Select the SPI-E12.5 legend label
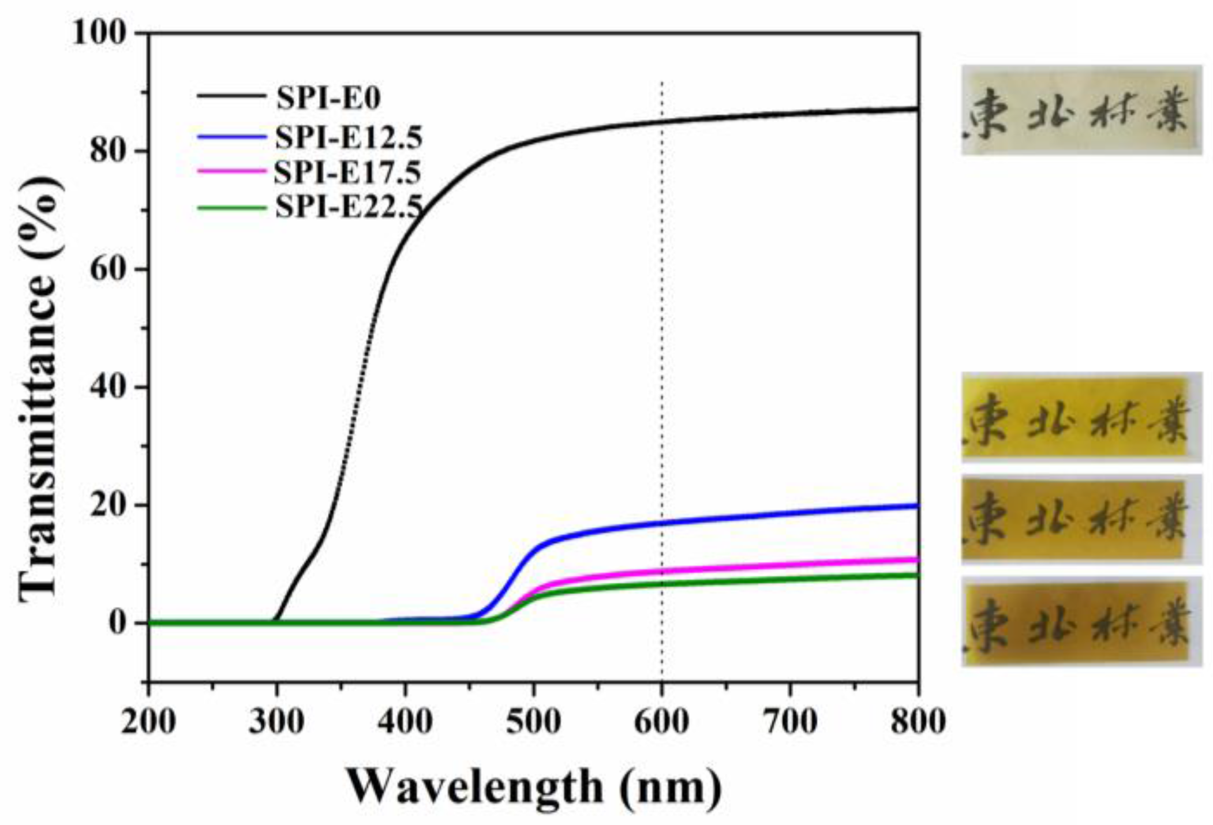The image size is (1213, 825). (349, 137)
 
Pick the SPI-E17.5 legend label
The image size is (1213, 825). (347, 172)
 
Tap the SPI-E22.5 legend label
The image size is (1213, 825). (349, 206)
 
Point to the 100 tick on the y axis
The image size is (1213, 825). (99, 33)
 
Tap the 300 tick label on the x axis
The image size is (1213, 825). (276, 721)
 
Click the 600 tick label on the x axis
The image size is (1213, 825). (661, 721)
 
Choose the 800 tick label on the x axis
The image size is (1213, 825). (918, 721)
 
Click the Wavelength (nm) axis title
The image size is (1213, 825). (534, 786)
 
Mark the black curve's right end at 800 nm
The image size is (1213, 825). (916, 108)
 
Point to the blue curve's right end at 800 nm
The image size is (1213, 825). (916, 506)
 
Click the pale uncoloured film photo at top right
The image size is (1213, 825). (1081, 110)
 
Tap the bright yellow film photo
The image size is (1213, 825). (1081, 417)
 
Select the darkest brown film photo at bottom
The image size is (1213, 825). (1081, 621)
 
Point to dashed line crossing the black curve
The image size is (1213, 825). (661, 121)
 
